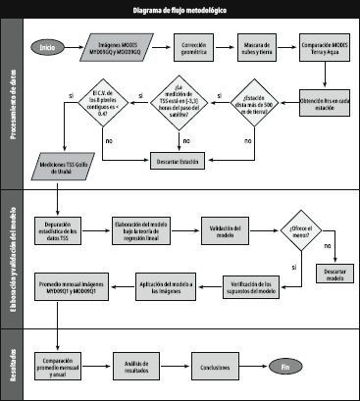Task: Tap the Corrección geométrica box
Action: (194, 47)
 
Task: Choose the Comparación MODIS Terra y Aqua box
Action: (323, 47)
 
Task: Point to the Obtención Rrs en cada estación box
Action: (323, 101)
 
